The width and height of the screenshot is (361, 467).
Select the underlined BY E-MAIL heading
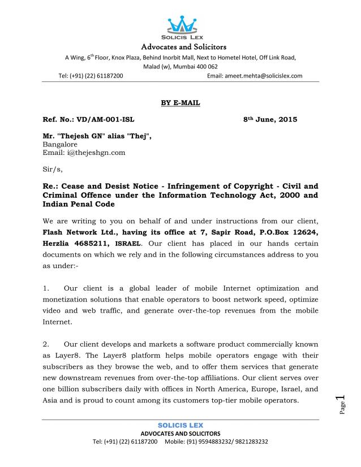(x=180, y=102)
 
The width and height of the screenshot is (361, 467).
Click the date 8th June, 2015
(x=270, y=120)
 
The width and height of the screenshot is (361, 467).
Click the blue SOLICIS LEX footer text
(x=180, y=425)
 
